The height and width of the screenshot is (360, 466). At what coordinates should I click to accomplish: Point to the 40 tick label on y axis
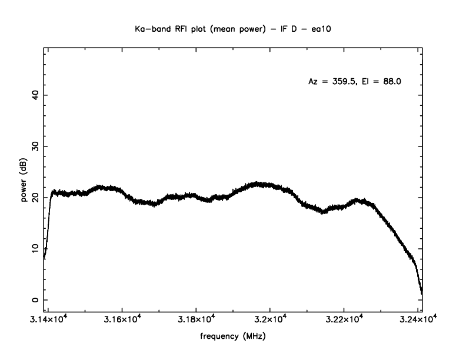pyautogui.click(x=35, y=95)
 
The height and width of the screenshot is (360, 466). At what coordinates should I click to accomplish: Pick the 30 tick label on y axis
pyautogui.click(x=35, y=146)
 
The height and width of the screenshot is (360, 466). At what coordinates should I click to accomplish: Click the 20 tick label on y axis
pyautogui.click(x=35, y=198)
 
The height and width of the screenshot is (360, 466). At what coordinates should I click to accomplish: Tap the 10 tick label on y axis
pyautogui.click(x=35, y=249)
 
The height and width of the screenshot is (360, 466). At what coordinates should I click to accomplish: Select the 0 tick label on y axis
pyautogui.click(x=35, y=300)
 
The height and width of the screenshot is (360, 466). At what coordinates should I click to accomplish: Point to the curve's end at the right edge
pyautogui.click(x=422, y=292)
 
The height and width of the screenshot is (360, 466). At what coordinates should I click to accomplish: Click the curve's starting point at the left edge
pyautogui.click(x=44, y=258)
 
